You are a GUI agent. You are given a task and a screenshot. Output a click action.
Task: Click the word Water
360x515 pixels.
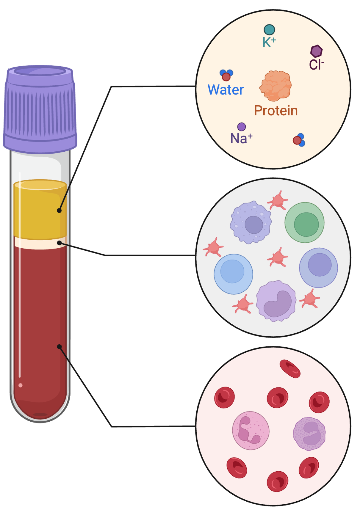[226, 90]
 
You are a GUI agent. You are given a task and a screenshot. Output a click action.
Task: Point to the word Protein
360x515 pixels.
[276, 111]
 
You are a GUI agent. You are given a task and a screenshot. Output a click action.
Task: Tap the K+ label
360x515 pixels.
[269, 43]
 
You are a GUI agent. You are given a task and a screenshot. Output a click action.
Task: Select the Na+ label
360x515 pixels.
[241, 139]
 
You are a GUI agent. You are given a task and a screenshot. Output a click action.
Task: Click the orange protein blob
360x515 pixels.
[276, 86]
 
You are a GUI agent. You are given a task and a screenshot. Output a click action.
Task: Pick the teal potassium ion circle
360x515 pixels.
[269, 30]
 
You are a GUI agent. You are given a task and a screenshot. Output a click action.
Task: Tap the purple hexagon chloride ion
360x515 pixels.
[316, 51]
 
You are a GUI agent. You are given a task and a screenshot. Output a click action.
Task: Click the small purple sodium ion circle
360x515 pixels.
[242, 127]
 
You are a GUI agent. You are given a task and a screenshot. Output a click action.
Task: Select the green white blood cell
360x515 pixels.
[305, 223]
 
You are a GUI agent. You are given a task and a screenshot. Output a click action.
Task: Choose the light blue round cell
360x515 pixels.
[234, 274]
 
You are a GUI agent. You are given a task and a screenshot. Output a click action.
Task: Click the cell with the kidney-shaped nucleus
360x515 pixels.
[276, 301]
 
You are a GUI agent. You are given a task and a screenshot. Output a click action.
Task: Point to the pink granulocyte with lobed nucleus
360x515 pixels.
[251, 431]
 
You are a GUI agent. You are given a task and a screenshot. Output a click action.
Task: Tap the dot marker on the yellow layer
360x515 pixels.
[60, 211]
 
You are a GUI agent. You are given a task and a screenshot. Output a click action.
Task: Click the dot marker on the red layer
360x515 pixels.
[60, 347]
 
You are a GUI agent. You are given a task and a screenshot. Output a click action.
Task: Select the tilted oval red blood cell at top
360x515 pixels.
[290, 369]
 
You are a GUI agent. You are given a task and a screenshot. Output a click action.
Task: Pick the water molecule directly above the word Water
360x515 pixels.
[226, 75]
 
